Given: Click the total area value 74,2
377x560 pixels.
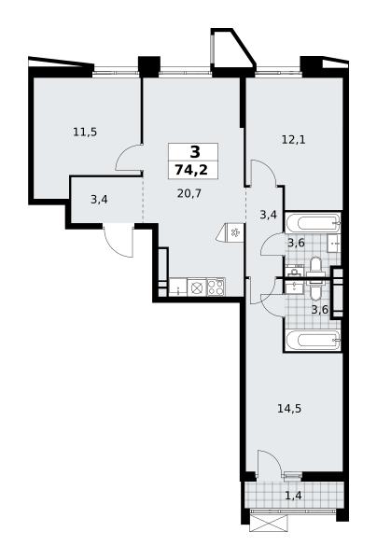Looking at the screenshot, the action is tap(191, 170).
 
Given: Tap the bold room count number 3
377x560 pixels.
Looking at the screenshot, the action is tap(195, 152).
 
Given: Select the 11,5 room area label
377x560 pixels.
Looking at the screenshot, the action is tap(85, 133).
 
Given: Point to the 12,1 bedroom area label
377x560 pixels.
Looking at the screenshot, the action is tap(293, 140).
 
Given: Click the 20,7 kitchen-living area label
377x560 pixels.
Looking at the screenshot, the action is tap(189, 193).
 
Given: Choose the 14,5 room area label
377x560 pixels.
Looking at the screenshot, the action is tap(289, 408).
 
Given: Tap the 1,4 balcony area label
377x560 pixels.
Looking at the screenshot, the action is tap(294, 496).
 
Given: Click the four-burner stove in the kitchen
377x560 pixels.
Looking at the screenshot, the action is tap(216, 287).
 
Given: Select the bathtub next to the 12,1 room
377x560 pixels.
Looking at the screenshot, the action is tap(313, 222).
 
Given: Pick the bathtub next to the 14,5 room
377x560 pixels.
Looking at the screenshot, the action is tap(313, 341).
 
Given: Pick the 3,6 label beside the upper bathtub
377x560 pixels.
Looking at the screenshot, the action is tap(296, 243).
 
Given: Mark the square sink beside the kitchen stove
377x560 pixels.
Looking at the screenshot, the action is tap(196, 287).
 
